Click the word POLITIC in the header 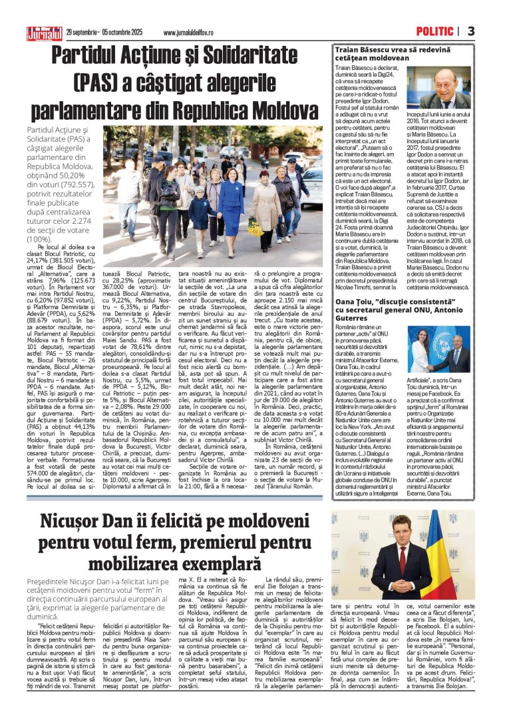pyautogui.click(x=434, y=31)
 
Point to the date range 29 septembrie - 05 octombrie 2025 pyautogui.click(x=106, y=33)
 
